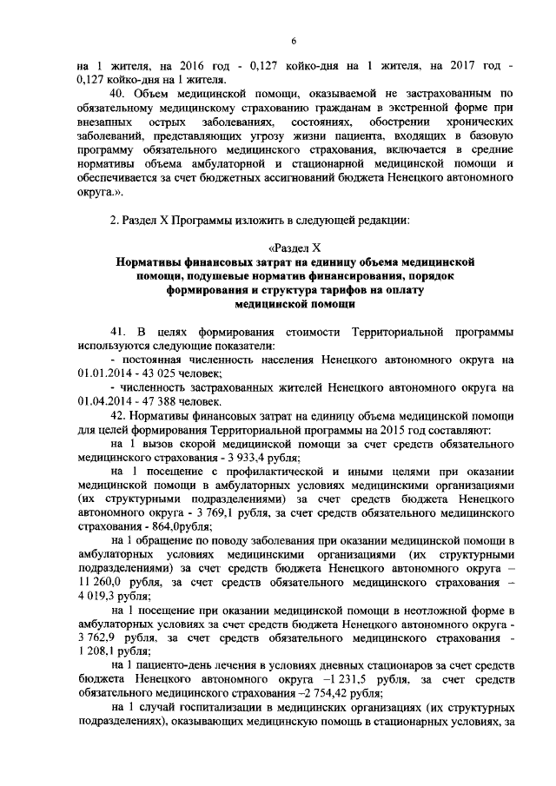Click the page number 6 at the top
pyautogui.click(x=294, y=41)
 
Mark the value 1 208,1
pyautogui.click(x=100, y=651)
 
